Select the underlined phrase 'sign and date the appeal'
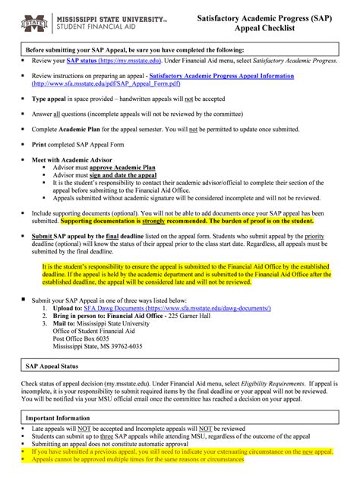tap(126, 175)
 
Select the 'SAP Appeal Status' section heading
tap(55, 365)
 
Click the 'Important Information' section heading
tap(60, 418)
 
